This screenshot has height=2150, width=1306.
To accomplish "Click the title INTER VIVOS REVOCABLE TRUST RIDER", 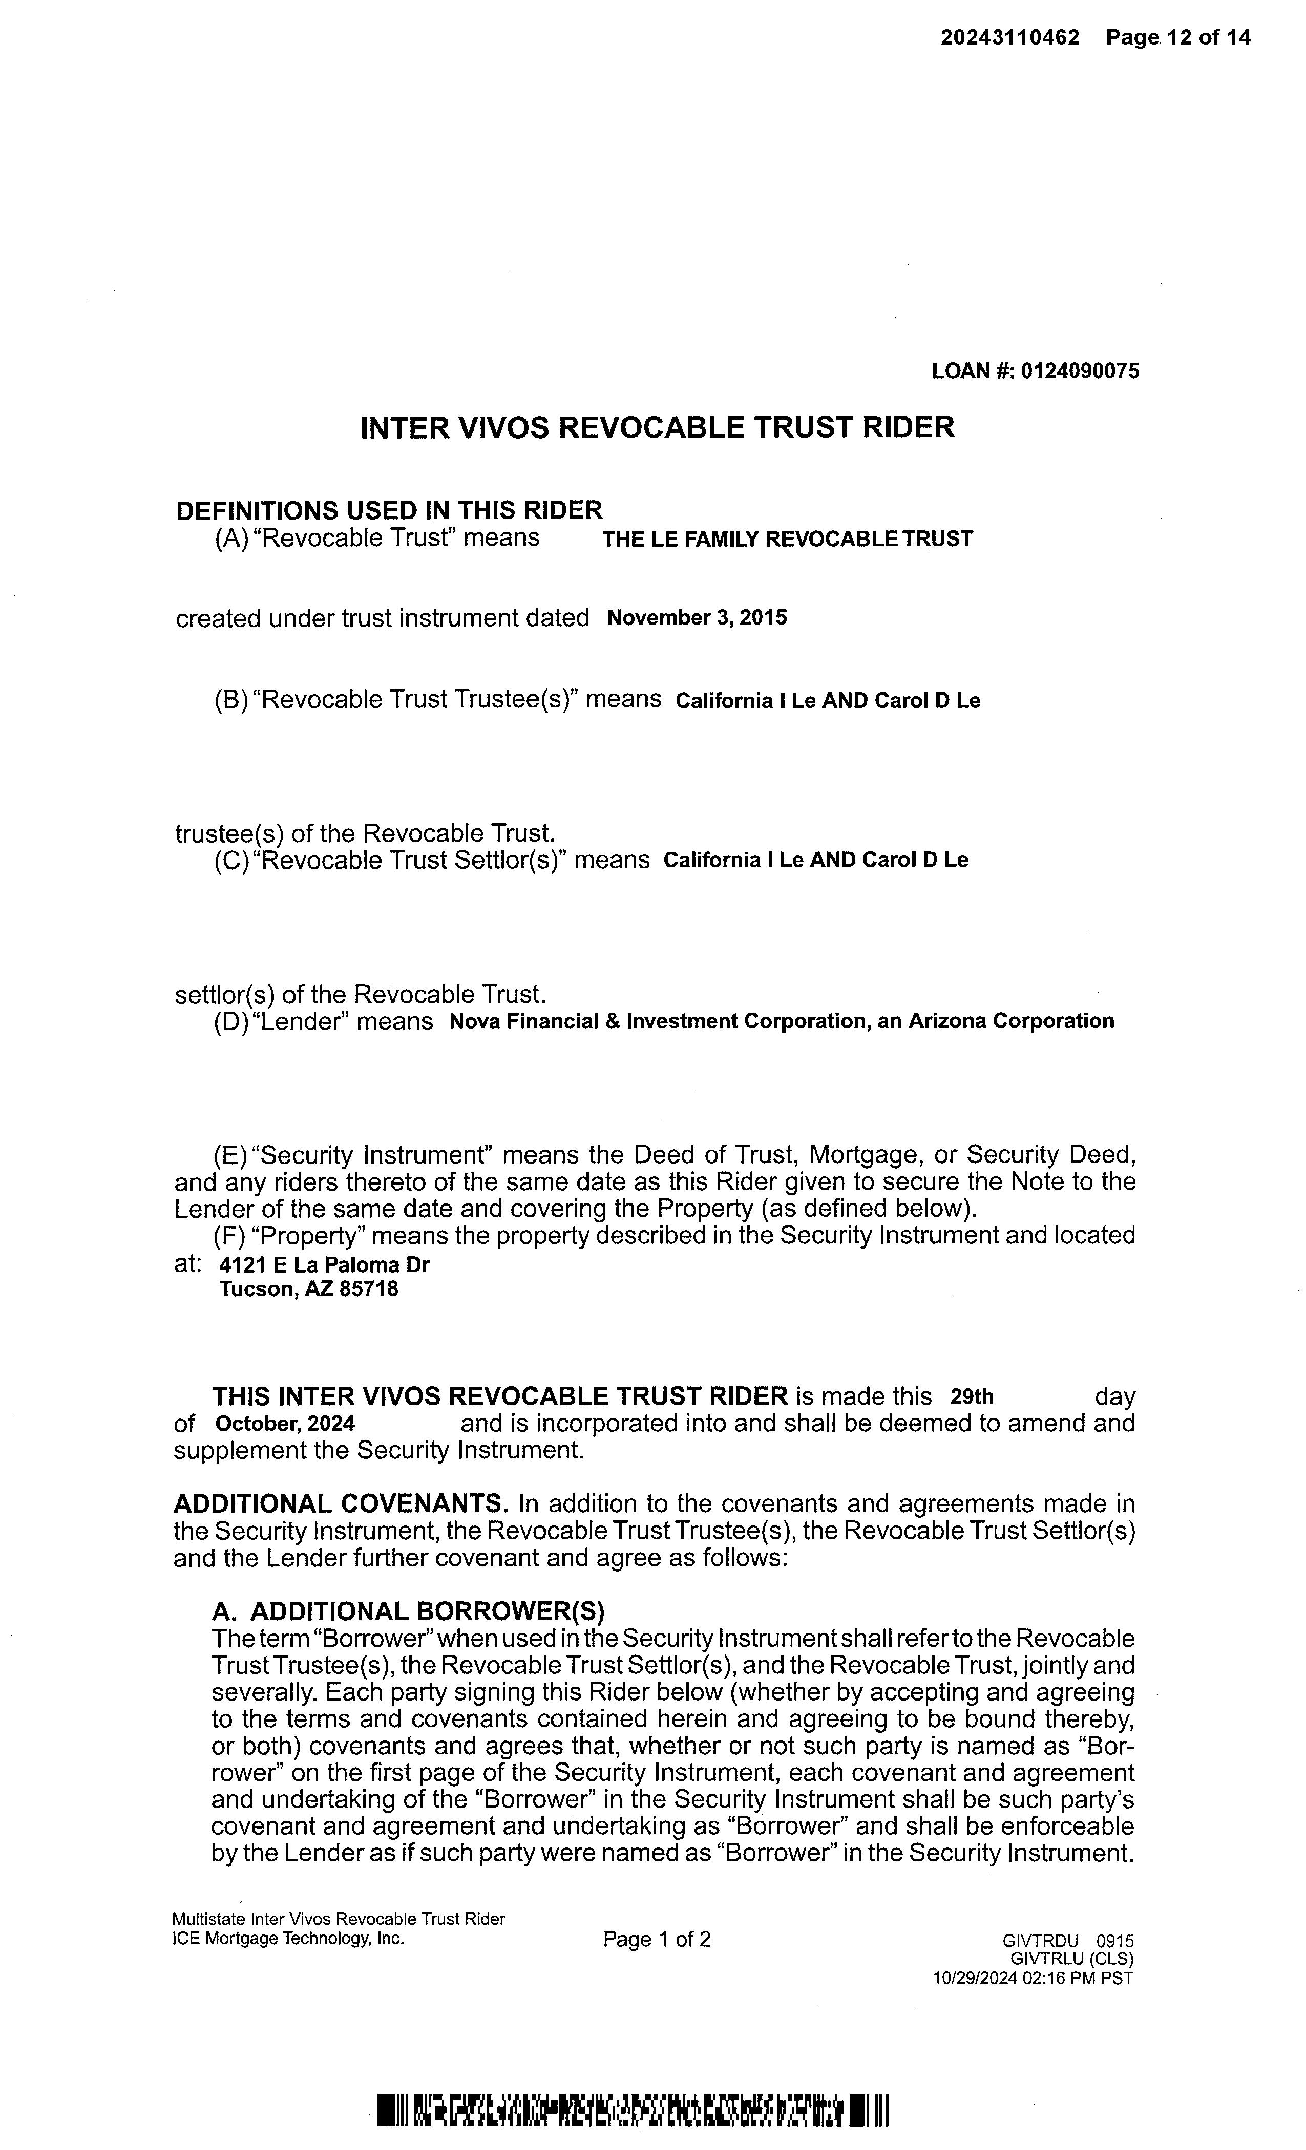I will click(x=658, y=427).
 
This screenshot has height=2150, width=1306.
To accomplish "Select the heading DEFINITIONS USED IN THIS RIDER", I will click(x=389, y=510).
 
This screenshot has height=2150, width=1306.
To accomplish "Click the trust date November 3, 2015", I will click(x=697, y=618).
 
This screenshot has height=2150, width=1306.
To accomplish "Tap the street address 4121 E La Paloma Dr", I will click(x=325, y=1264).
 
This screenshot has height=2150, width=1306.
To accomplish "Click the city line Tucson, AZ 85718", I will click(x=308, y=1289).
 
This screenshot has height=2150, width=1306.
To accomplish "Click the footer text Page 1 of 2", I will click(x=657, y=1940).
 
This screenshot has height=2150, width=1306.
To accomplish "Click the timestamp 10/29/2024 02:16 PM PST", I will click(x=1032, y=1978).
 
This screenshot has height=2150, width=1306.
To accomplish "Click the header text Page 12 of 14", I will click(x=1177, y=37).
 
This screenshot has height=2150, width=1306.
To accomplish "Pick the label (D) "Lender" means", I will click(x=323, y=1021).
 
